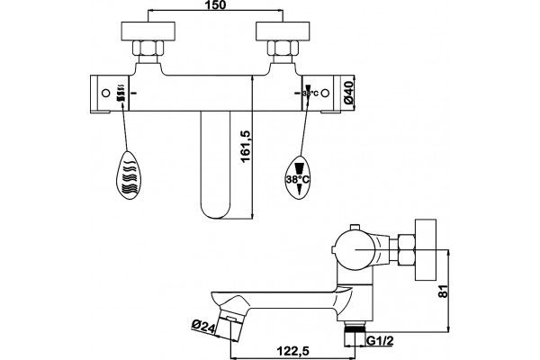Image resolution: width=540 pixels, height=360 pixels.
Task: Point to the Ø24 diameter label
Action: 203,326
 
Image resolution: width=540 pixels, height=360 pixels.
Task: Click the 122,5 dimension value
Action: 292,351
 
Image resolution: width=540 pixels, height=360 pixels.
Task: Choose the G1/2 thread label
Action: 380,341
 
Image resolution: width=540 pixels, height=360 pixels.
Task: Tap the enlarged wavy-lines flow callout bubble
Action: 129,175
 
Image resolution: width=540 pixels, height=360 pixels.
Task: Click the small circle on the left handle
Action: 106,93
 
